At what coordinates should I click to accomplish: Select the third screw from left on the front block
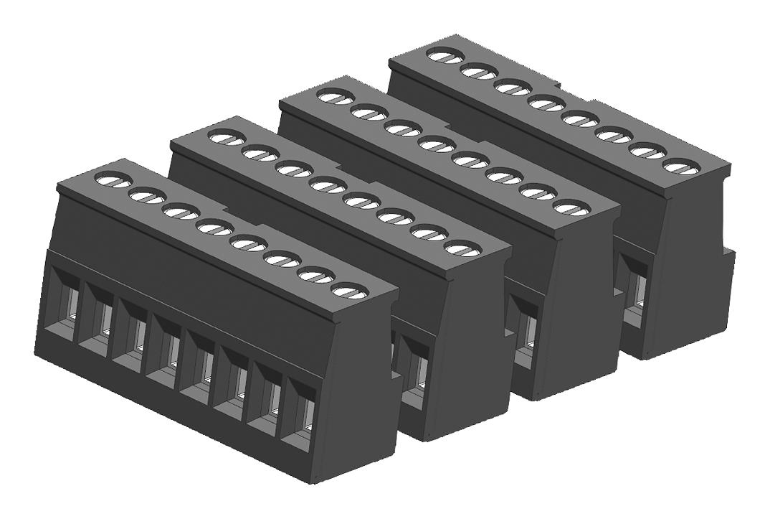point(180,212)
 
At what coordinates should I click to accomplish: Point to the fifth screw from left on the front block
point(248,244)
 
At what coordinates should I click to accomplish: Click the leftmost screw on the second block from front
point(225,137)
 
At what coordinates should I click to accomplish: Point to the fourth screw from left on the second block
point(327,185)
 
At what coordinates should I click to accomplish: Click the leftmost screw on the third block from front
point(334,95)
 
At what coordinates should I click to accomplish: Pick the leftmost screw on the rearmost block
point(444,54)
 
